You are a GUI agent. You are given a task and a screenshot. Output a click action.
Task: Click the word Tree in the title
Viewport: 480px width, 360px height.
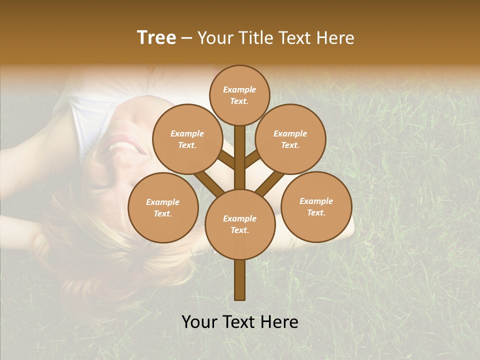[x=156, y=37]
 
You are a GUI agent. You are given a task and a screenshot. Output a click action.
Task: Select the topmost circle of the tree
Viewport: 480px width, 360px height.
[x=239, y=95]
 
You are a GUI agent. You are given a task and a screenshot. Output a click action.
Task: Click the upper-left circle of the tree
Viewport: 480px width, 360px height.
[x=187, y=139]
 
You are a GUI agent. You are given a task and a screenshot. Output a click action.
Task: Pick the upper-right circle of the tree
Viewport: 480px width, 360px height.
[x=290, y=139]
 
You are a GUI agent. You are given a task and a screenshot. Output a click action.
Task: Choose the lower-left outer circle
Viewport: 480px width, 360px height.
[x=163, y=207]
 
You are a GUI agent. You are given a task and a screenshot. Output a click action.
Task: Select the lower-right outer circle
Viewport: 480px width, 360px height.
[x=316, y=206]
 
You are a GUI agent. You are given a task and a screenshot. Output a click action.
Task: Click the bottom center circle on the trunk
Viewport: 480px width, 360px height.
[x=240, y=224]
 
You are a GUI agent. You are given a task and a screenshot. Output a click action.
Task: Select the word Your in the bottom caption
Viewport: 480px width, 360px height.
[x=199, y=322]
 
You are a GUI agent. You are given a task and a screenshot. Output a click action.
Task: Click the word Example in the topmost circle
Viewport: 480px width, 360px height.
[x=239, y=89]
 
